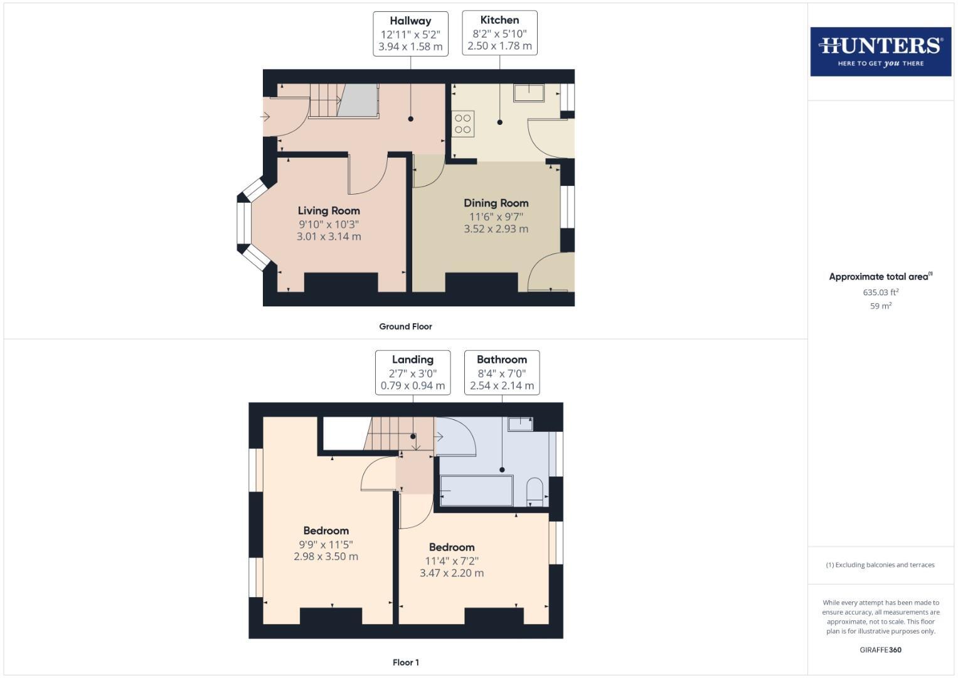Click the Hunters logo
[x=880, y=51]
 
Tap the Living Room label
[x=329, y=211]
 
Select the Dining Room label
[x=496, y=203]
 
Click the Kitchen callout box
[x=499, y=33]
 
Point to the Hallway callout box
[x=410, y=34]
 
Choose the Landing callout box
[x=413, y=372]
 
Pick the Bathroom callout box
[x=502, y=372]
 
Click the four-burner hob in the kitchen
[x=463, y=124]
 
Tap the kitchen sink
[x=529, y=94]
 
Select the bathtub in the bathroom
[x=477, y=490]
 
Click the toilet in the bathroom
[x=535, y=492]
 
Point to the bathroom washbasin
[x=520, y=424]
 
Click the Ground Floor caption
[x=405, y=326]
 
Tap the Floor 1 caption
[x=405, y=662]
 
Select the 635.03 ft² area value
[x=880, y=293]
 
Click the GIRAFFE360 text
[x=880, y=650]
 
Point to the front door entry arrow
[x=265, y=117]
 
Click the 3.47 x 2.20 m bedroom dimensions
[x=452, y=573]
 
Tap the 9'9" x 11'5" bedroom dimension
[x=326, y=545]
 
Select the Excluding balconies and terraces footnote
[x=880, y=565]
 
